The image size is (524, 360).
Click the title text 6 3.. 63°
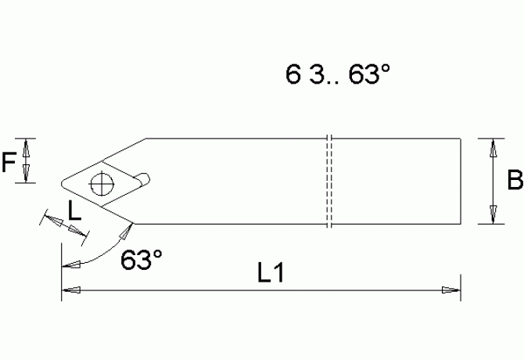[x=337, y=75]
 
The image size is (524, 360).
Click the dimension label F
[x=9, y=162]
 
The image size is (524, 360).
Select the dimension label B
[x=515, y=182]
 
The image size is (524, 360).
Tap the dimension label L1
[x=270, y=274]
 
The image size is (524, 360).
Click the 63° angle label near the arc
[x=141, y=260]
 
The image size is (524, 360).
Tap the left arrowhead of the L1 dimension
[x=70, y=290]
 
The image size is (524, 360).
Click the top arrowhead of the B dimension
[x=493, y=146]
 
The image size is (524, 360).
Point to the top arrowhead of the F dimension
[x=27, y=146]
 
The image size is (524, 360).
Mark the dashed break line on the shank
[x=329, y=182]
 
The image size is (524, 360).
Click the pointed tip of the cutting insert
[x=60, y=185]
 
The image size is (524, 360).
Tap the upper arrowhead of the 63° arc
[x=125, y=232]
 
